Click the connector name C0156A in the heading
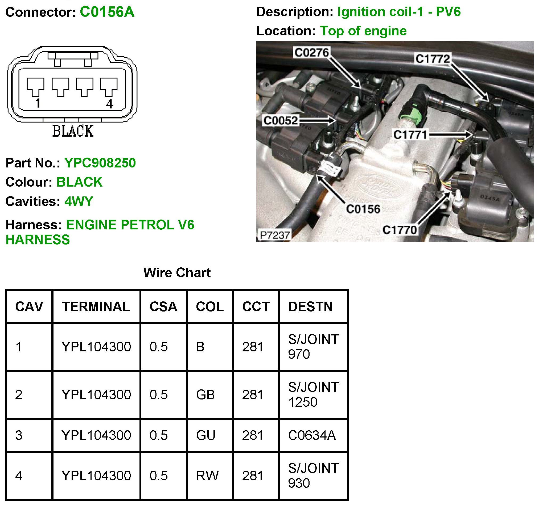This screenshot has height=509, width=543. click(x=107, y=12)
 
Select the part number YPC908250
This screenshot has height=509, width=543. click(x=100, y=163)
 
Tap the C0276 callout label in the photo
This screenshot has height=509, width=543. click(x=311, y=52)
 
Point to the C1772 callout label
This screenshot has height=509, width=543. click(x=432, y=59)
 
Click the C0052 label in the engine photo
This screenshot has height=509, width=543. click(x=281, y=121)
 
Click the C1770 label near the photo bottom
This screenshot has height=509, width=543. click(x=399, y=230)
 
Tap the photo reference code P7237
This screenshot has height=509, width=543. click(x=274, y=235)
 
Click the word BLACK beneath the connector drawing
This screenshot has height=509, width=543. click(x=73, y=131)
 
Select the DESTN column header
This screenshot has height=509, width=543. click(x=310, y=307)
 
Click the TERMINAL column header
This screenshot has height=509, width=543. click(x=96, y=307)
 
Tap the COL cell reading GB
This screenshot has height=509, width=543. click(x=205, y=395)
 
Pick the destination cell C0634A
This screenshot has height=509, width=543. click(x=312, y=435)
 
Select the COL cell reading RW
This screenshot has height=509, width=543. click(x=207, y=476)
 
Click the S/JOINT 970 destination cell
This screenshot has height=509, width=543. click(x=313, y=347)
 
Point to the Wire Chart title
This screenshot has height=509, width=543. click(x=177, y=273)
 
